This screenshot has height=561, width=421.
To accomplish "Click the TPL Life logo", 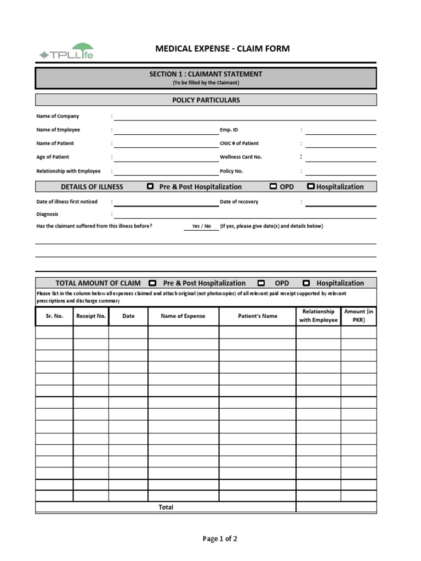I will (66, 52).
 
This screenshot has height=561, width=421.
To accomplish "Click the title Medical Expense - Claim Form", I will (223, 49).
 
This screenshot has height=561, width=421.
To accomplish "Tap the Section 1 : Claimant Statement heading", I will (206, 74).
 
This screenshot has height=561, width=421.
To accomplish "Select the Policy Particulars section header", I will (206, 100).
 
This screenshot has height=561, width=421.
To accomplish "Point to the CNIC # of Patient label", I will (239, 144).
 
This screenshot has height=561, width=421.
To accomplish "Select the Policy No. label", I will (231, 171).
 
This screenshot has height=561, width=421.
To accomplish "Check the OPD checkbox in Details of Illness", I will (273, 186).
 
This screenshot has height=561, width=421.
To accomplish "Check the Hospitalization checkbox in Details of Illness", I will (310, 186).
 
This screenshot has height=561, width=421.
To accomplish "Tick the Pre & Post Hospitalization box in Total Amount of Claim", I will (152, 283).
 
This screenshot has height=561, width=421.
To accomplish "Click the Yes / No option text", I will (201, 226).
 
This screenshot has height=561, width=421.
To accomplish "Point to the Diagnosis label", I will (47, 214).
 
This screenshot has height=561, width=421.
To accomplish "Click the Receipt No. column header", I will (91, 316).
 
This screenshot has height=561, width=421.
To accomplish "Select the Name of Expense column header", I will (183, 316).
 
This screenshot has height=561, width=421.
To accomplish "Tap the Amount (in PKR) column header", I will (359, 316).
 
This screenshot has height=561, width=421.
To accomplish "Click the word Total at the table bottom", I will (166, 507).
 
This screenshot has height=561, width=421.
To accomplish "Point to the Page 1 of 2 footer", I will (220, 539).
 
